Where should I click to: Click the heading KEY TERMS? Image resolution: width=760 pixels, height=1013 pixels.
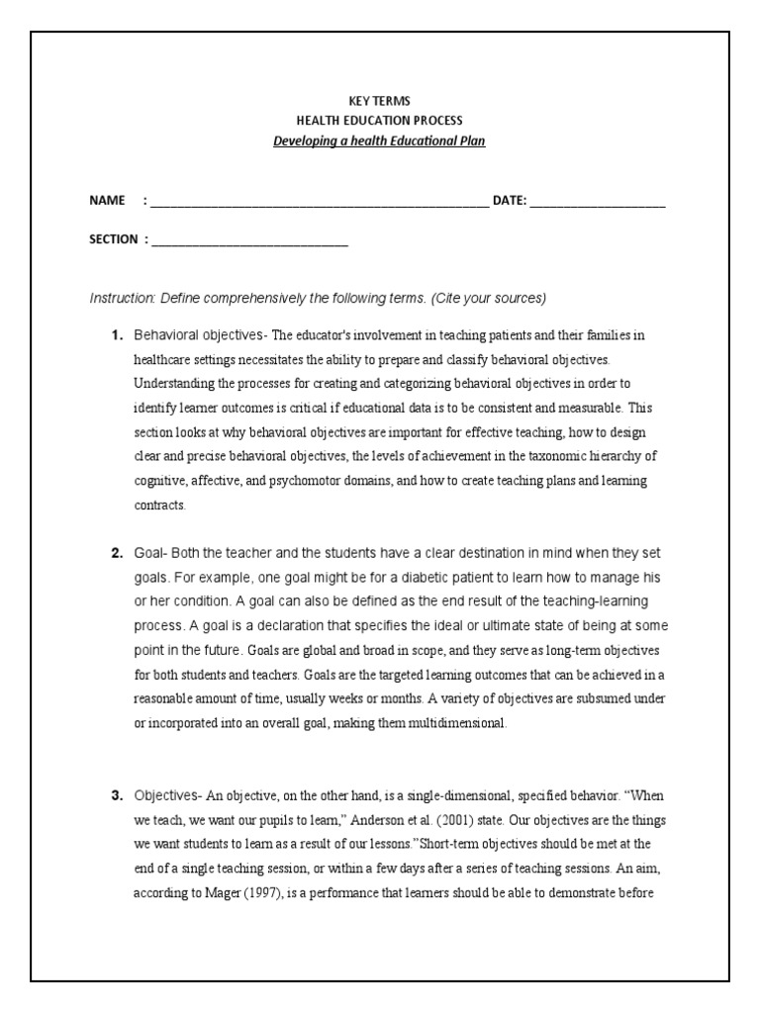coord(380,101)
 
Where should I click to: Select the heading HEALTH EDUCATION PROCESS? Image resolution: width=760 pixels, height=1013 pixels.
coord(380,121)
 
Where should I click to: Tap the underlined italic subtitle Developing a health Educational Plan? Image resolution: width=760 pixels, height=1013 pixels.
coord(380,140)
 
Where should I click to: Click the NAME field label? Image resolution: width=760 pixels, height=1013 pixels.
coord(107,201)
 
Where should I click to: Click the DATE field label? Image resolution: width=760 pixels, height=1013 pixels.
coord(510,201)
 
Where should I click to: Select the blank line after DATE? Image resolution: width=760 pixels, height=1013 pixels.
coord(598,204)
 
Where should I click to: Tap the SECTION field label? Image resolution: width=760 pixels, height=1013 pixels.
coord(114,239)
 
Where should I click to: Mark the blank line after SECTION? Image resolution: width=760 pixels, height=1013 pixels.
coord(249,242)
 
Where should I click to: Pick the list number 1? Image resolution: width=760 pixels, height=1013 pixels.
coord(116,335)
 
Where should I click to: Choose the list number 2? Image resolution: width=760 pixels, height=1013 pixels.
coord(116,552)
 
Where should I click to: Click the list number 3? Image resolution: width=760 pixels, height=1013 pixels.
coord(116,795)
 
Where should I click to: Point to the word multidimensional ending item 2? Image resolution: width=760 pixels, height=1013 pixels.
coord(456,723)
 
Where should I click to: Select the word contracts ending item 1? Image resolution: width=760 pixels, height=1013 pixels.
coord(159,505)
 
